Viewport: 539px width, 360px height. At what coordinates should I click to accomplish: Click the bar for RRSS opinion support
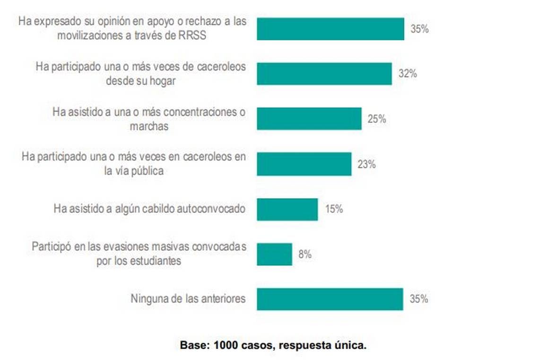pyautogui.click(x=330, y=29)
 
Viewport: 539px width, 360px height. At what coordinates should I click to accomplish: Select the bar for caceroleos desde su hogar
pyautogui.click(x=324, y=74)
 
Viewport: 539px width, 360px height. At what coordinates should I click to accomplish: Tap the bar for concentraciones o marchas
pyautogui.click(x=309, y=119)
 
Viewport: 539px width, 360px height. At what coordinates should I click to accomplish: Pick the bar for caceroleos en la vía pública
pyautogui.click(x=304, y=164)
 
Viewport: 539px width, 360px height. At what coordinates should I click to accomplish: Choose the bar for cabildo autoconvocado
pyautogui.click(x=287, y=209)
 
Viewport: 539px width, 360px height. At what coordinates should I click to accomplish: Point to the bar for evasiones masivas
pyautogui.click(x=274, y=254)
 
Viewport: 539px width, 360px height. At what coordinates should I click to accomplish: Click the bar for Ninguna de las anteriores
pyautogui.click(x=330, y=299)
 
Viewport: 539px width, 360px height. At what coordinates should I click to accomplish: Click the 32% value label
pyautogui.click(x=407, y=74)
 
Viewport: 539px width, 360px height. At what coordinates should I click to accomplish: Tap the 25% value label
pyautogui.click(x=377, y=119)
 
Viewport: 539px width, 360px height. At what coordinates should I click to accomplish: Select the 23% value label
pyautogui.click(x=366, y=164)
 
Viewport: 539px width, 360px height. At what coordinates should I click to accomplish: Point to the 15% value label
pyautogui.click(x=334, y=209)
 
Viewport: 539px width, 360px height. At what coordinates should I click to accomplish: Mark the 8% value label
pyautogui.click(x=305, y=254)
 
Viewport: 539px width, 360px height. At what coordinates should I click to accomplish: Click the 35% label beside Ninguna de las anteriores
pyautogui.click(x=419, y=299)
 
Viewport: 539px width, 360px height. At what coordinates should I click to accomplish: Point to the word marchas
pyautogui.click(x=148, y=126)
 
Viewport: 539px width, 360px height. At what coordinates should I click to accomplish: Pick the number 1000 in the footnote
pyautogui.click(x=225, y=345)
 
